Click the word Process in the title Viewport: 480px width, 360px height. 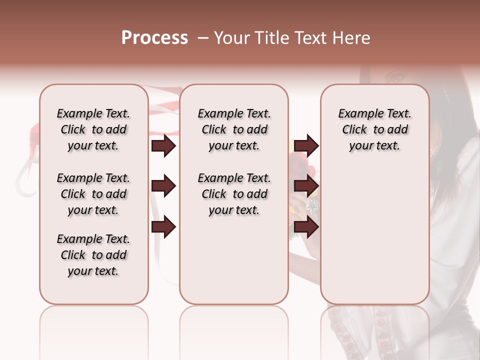[154, 37]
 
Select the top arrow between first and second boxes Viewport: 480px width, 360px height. [163, 146]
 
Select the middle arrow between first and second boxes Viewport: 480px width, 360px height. [163, 186]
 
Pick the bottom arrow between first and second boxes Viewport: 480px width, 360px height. [163, 227]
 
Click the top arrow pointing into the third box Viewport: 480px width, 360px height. [306, 146]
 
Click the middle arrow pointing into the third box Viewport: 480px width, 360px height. [306, 186]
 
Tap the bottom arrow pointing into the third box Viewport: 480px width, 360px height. [306, 227]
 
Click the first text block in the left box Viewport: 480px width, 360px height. [93, 129]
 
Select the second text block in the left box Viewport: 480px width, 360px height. [93, 194]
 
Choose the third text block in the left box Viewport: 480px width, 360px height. [93, 255]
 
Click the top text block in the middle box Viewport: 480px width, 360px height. [234, 129]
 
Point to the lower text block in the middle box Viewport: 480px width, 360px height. [234, 194]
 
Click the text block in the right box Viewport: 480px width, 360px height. [374, 129]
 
